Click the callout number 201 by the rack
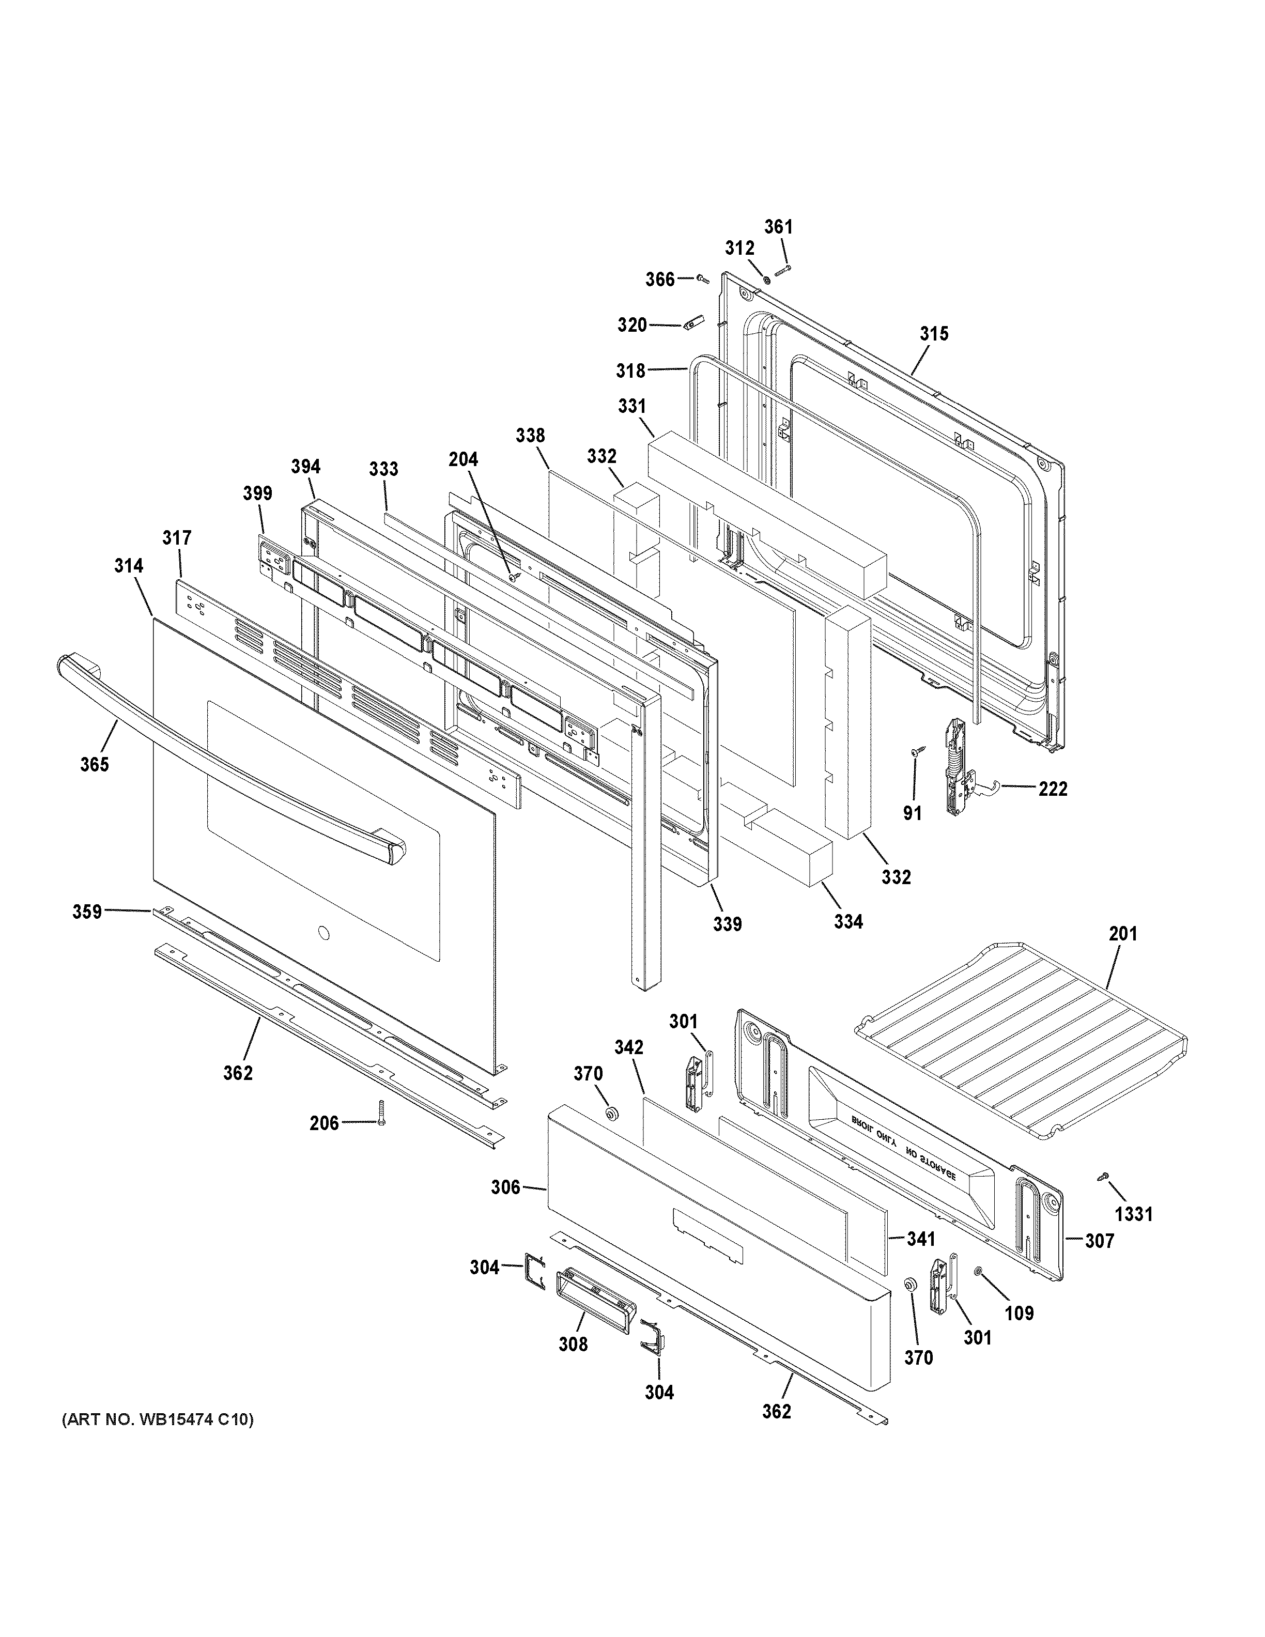click(1122, 933)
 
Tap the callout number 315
click(934, 333)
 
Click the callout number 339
click(727, 924)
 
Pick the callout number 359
click(87, 912)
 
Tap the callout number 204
click(463, 459)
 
